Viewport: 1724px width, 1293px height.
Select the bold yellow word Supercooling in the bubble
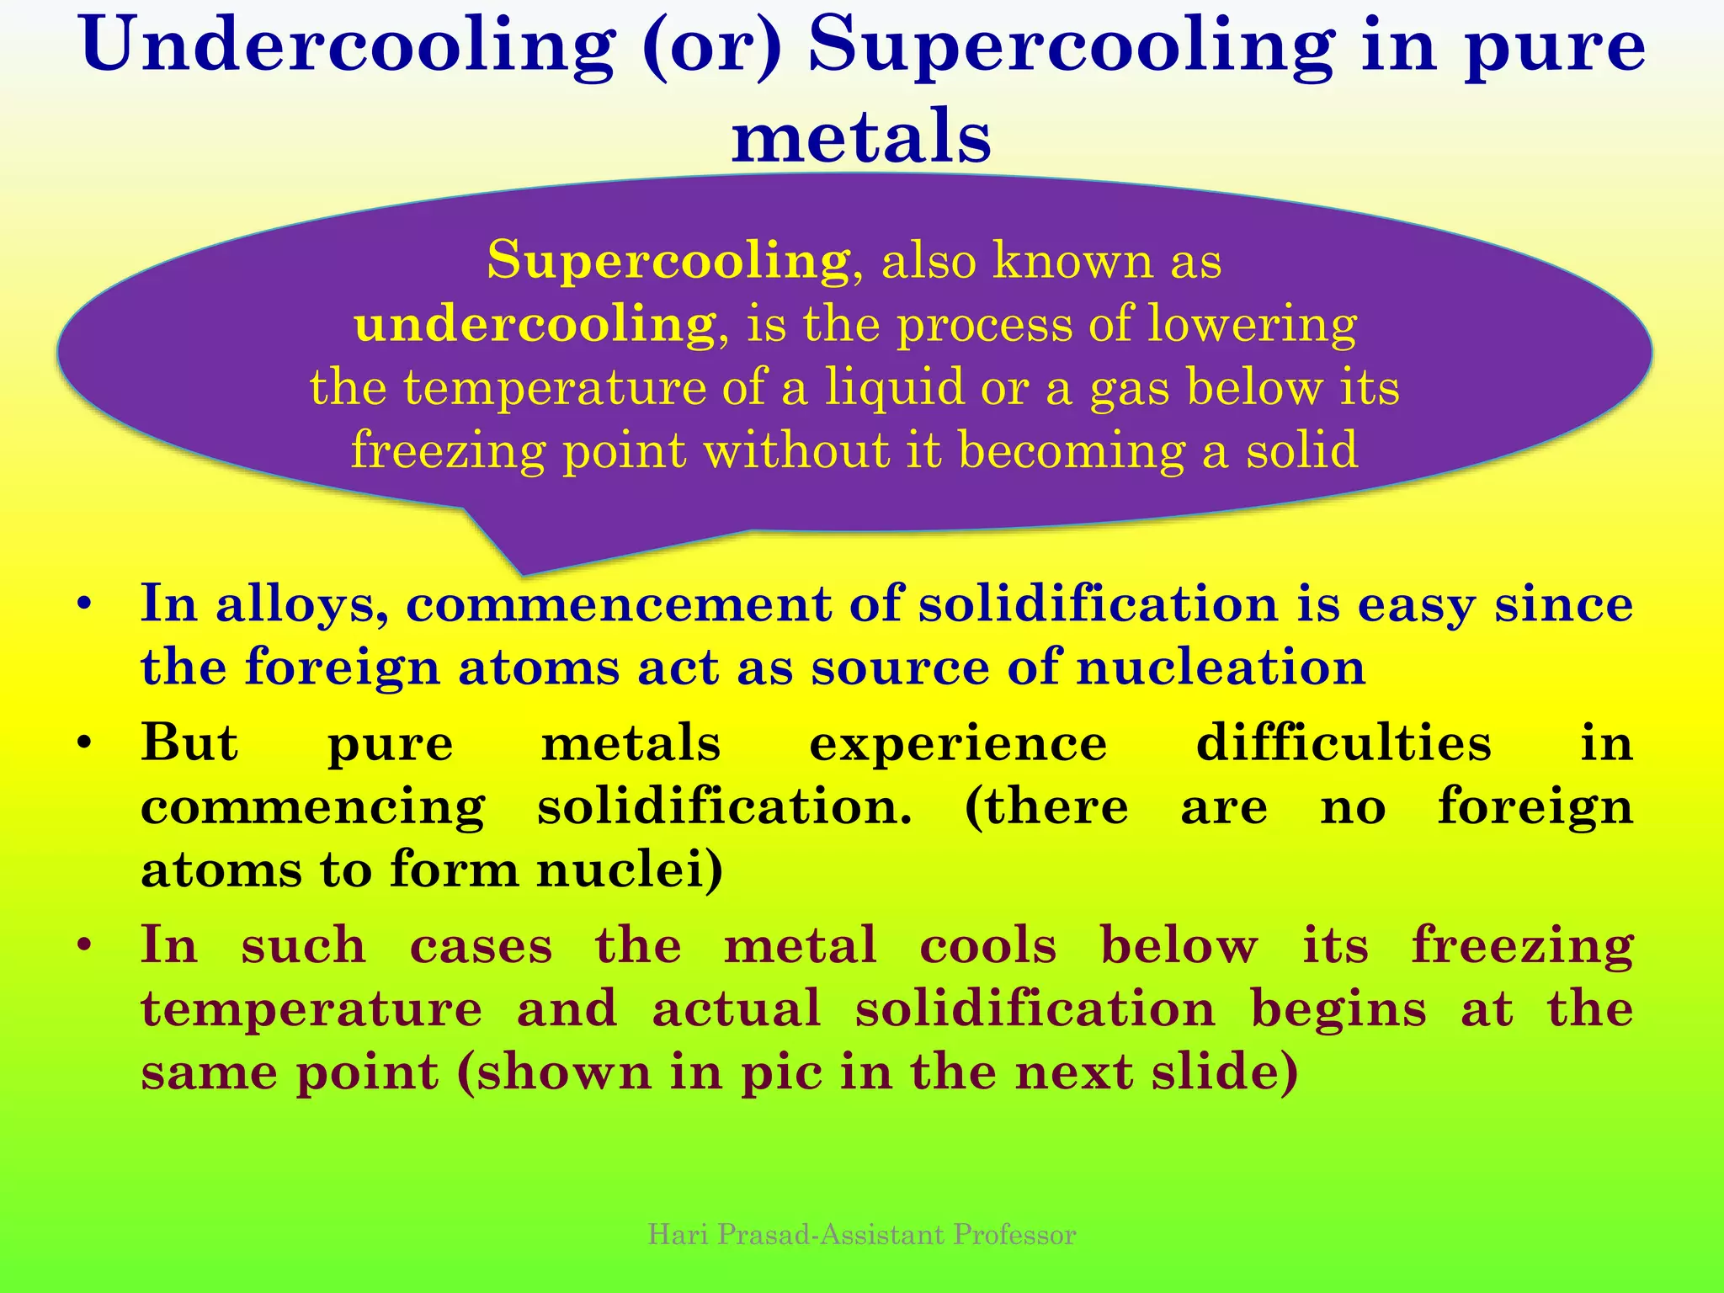click(668, 259)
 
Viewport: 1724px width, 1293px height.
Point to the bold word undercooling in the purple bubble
click(535, 324)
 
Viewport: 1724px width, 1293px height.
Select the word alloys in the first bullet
click(301, 604)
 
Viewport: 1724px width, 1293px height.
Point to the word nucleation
click(1221, 668)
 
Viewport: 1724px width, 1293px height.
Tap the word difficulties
click(1344, 743)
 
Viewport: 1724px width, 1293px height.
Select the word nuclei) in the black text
click(630, 870)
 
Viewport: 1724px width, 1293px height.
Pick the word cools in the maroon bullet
click(987, 945)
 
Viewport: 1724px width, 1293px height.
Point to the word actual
click(736, 1008)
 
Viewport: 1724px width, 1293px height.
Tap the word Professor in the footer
click(1014, 1234)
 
